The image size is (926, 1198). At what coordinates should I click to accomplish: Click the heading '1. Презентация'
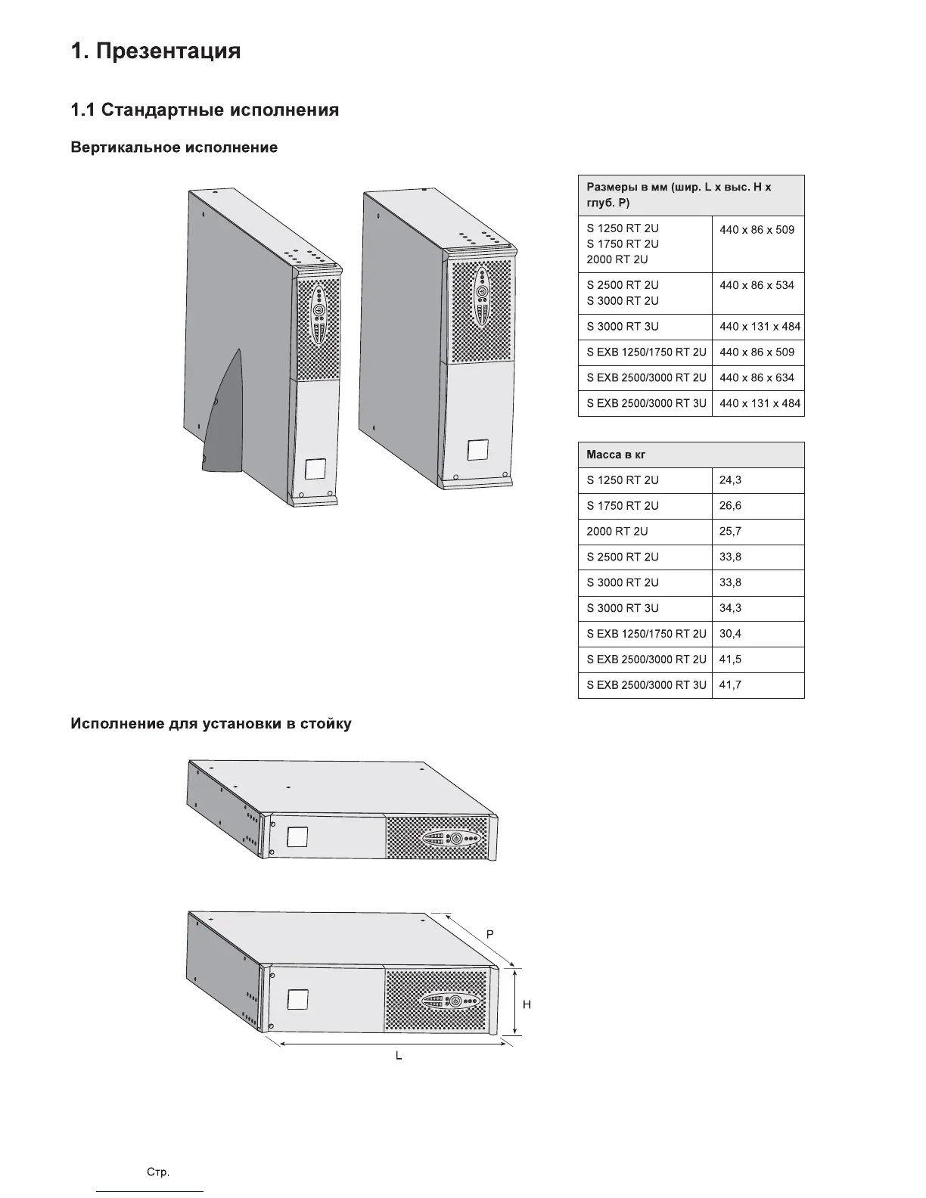(x=156, y=51)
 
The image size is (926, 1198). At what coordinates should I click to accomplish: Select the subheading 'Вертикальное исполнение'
(x=174, y=147)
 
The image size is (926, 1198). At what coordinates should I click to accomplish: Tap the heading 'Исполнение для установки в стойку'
(x=211, y=724)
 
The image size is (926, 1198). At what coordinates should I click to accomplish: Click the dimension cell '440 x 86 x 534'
(x=757, y=285)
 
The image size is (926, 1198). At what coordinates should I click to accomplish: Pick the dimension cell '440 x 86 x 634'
(x=757, y=377)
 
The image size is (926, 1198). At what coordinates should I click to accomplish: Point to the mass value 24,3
(x=730, y=480)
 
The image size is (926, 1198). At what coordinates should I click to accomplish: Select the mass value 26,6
(x=730, y=506)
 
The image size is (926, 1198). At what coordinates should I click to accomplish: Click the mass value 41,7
(x=730, y=685)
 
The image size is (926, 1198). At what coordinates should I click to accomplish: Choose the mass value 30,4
(x=730, y=634)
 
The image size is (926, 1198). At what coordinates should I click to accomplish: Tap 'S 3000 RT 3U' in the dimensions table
(x=623, y=327)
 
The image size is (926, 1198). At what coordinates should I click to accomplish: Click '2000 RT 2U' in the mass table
(x=617, y=532)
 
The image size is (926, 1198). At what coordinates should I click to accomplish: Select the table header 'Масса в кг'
(x=616, y=455)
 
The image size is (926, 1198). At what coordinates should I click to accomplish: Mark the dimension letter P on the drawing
(x=490, y=934)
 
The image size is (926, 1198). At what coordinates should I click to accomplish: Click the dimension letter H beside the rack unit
(x=527, y=1004)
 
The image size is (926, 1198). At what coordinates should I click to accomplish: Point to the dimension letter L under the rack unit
(x=399, y=1055)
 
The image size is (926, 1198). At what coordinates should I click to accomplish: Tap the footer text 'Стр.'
(x=157, y=1172)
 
